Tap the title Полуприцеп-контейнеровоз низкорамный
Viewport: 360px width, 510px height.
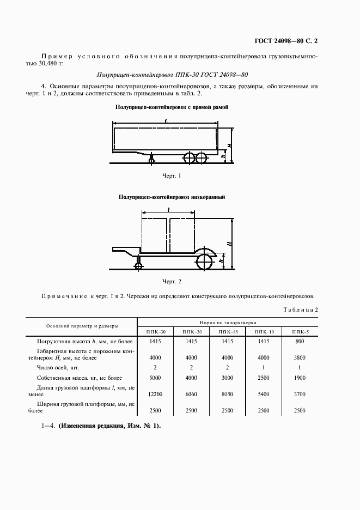[x=172, y=197]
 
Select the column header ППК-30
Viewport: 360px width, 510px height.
[x=155, y=331]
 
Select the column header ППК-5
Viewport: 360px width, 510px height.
[x=299, y=331]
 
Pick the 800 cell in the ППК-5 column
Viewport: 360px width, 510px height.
[x=299, y=342]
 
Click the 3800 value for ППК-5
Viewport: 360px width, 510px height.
[x=299, y=357]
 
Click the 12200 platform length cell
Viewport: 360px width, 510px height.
[x=155, y=393]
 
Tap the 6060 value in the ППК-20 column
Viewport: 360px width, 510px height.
[x=191, y=393]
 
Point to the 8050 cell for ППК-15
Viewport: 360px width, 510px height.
[x=227, y=393]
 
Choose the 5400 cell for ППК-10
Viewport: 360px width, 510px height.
[x=263, y=393]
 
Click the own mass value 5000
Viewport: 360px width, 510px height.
[x=155, y=378]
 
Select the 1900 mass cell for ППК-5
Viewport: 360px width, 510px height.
[x=299, y=378]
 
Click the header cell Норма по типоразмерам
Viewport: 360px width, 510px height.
[x=227, y=322]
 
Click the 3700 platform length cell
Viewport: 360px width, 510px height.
[x=299, y=393]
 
